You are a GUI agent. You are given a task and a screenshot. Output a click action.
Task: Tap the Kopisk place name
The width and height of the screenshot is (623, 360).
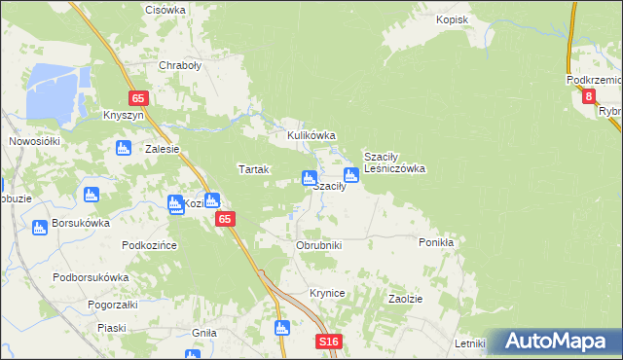point(453,19)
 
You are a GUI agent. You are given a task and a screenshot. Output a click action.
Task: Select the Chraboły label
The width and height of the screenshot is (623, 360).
point(179,67)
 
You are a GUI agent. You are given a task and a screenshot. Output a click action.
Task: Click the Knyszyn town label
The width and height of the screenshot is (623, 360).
point(124,115)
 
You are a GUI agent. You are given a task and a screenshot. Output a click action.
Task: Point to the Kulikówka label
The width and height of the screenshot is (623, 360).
point(311,136)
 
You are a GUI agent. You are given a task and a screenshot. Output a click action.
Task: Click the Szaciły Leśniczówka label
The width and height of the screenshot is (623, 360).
point(394,162)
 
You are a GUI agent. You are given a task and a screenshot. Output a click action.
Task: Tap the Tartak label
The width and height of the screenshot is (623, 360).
point(253,169)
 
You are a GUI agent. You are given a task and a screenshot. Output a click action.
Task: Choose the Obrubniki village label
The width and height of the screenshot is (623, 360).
point(318,245)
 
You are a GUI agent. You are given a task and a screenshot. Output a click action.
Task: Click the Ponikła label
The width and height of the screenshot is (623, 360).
point(437,242)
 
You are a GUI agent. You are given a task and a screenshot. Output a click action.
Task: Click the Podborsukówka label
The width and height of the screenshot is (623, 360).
point(92,277)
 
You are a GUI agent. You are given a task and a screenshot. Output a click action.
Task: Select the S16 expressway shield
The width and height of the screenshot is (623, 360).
point(330,342)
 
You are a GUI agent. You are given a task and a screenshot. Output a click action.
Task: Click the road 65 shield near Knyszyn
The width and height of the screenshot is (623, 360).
point(138,98)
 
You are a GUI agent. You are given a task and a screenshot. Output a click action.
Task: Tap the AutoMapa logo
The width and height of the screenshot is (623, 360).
point(555,342)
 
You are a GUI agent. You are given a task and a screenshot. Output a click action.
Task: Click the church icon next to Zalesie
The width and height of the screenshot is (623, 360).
point(123,148)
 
